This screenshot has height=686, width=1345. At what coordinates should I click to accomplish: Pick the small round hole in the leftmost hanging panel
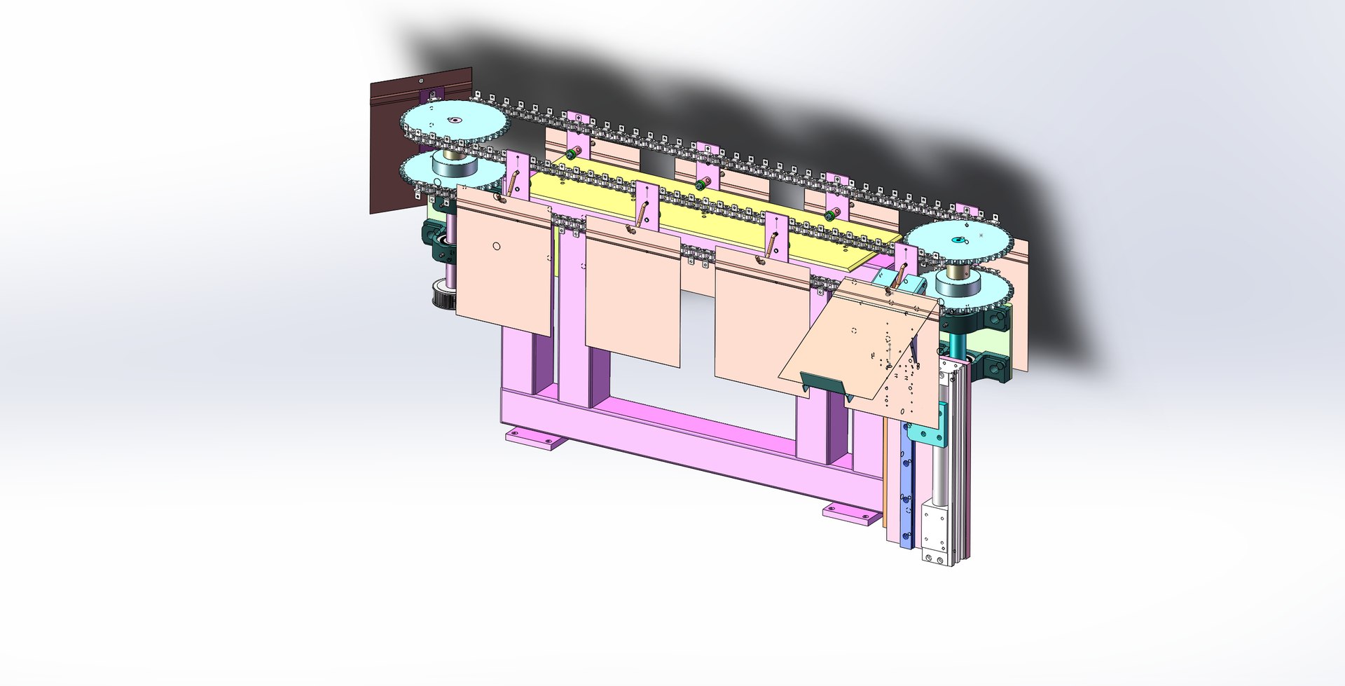coord(497,246)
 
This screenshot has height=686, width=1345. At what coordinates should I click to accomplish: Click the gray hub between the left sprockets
coord(453,165)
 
